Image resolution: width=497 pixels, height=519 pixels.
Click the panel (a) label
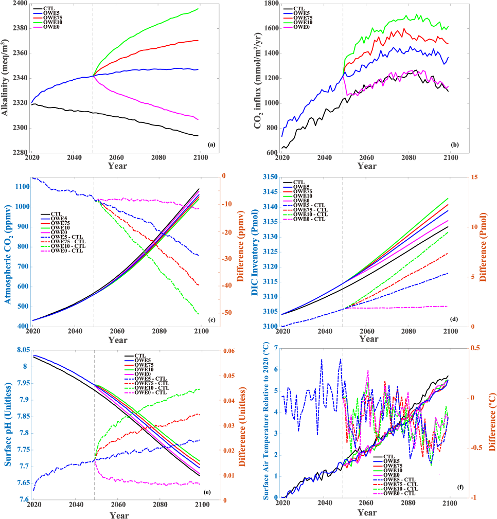(211, 146)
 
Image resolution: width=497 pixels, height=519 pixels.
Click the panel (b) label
(455, 145)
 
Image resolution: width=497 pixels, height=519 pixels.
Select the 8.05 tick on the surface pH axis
(19, 350)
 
